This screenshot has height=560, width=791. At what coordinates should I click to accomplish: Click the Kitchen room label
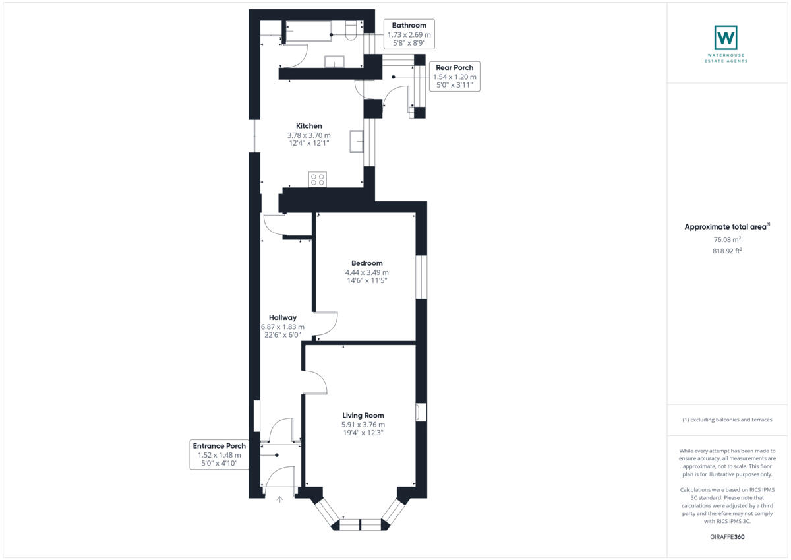[308, 126]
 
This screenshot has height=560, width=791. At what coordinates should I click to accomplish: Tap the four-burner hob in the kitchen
[317, 179]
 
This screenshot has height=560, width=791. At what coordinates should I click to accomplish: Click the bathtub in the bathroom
[308, 31]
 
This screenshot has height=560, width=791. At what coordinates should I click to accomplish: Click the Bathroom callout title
[409, 26]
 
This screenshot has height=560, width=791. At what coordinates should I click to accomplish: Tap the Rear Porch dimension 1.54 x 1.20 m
[454, 77]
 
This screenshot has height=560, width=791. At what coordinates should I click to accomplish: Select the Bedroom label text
[366, 263]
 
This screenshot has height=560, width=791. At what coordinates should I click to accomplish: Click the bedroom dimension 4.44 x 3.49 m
[366, 272]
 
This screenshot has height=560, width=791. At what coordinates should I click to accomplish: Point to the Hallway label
[282, 317]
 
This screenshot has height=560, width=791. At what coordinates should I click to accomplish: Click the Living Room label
[363, 415]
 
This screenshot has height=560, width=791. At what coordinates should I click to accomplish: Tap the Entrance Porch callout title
[219, 446]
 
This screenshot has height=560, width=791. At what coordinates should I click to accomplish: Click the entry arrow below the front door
[279, 499]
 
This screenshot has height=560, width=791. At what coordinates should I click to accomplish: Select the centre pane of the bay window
[361, 524]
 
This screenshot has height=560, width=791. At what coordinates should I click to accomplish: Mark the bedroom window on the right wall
[421, 277]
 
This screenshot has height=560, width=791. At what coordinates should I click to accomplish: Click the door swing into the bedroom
[326, 323]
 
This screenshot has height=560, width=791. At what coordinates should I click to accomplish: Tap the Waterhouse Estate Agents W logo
[726, 37]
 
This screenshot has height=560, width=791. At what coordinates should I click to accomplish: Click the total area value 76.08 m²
[727, 240]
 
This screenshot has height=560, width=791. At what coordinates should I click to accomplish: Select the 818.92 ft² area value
[727, 251]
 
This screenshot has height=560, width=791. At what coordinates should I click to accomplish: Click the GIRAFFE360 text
[727, 537]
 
